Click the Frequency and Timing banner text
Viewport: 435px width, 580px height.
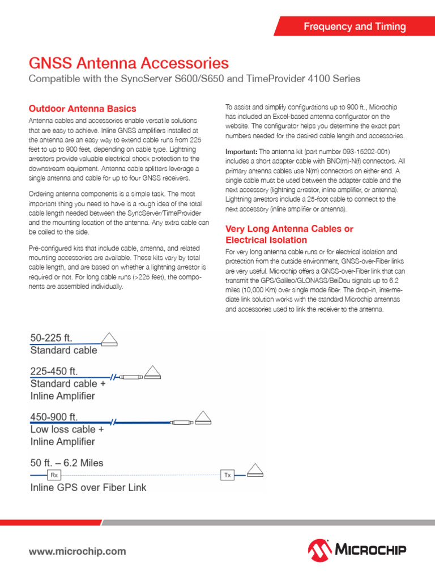coord(355,27)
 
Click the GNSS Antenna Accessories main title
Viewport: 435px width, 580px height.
coord(129,62)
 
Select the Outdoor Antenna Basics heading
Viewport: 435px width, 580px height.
coord(82,108)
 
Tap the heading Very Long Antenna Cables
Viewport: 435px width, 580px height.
coord(289,229)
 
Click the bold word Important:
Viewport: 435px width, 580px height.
coord(241,152)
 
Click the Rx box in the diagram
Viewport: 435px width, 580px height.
coord(54,475)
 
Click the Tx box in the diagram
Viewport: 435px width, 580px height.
coord(227,475)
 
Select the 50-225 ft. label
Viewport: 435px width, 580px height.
coord(52,338)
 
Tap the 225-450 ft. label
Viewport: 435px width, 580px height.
coord(55,372)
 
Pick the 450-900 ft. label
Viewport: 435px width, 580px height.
coord(55,417)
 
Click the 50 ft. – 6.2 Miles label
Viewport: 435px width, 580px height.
coord(67,463)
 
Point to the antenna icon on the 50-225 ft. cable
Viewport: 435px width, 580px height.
coord(109,339)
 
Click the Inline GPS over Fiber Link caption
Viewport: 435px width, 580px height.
coord(88,487)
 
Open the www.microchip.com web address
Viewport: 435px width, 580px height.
coord(77,551)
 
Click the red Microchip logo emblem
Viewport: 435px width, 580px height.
coord(321,549)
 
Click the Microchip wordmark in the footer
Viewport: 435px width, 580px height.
coord(372,550)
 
